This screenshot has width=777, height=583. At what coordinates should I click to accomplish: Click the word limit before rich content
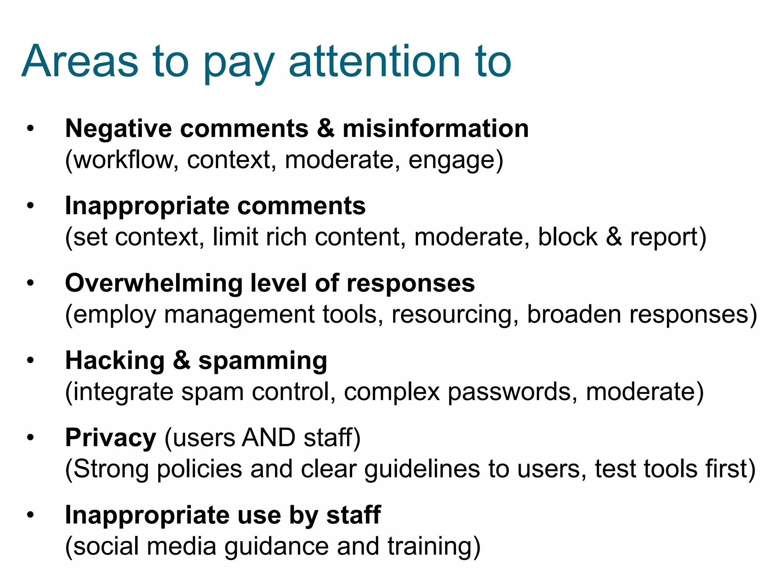click(x=235, y=237)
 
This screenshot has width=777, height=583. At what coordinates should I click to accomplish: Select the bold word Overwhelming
click(x=153, y=284)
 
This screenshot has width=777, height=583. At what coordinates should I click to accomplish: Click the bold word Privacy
click(x=110, y=438)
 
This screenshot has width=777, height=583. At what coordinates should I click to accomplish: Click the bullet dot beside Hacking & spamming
click(x=30, y=360)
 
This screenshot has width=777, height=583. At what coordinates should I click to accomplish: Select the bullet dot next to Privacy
click(x=30, y=438)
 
